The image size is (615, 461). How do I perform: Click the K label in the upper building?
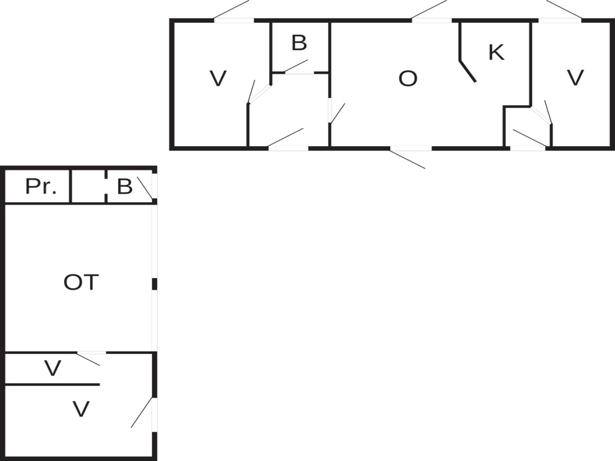496,53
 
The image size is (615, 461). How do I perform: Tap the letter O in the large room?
408,79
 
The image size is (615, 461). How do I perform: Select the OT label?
81,282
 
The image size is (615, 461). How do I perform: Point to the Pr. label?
41,187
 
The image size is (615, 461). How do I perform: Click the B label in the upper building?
299,43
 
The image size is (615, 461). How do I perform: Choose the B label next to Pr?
125,187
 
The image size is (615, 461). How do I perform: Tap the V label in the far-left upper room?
218,79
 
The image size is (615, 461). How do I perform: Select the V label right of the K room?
575,78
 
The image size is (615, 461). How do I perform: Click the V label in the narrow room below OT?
53,368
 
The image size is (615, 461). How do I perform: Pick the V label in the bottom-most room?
81,409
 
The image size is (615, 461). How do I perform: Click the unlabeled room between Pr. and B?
88,187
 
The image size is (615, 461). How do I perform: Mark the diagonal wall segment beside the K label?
468,71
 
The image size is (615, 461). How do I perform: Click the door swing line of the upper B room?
296,66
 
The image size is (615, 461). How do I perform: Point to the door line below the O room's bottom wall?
407,159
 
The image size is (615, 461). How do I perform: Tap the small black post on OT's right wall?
154,284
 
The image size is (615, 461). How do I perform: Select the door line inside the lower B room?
145,188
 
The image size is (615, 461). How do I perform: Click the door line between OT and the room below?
88,359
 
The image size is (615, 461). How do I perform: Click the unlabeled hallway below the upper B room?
289,110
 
